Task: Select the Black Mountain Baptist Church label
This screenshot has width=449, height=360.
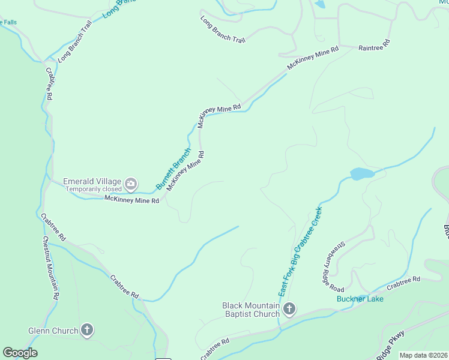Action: point(252,310)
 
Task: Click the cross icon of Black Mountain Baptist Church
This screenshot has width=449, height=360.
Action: point(289,310)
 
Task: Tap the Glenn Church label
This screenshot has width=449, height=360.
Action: point(53,331)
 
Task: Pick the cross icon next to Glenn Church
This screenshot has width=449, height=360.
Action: point(88,330)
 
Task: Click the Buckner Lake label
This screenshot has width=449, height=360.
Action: point(360,299)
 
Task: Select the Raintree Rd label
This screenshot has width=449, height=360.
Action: point(375,45)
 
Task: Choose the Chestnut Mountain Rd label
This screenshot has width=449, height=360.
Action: point(50,268)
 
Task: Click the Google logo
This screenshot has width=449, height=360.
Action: point(20,353)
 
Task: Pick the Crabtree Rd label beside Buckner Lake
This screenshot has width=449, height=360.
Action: point(403,283)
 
